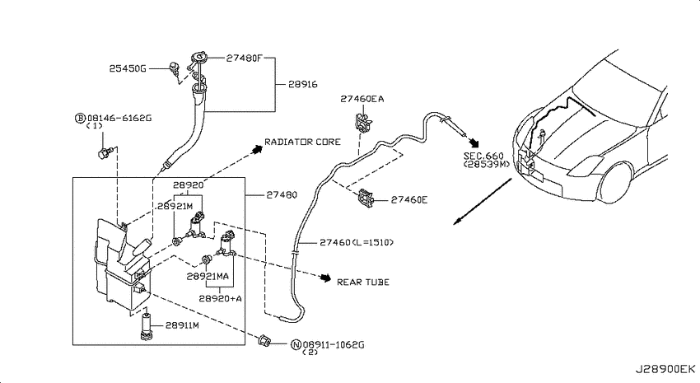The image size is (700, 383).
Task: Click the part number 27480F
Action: coord(244,58)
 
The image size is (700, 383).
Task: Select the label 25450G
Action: coord(128,68)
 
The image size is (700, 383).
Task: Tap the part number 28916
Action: coord(303,84)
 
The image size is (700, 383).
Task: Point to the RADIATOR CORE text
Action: coord(302,142)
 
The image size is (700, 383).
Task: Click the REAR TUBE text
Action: coord(363,283)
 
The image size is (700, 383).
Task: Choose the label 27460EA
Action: coord(362,99)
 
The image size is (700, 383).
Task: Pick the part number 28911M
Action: coord(182,325)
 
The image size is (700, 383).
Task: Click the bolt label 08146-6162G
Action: coord(119,119)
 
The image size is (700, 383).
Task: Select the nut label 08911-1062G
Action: coord(334,344)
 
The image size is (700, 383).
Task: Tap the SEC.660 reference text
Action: coord(483,156)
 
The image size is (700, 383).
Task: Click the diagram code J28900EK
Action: coord(665,369)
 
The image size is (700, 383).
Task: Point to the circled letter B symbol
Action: coord(80,119)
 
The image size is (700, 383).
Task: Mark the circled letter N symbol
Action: coord(296,344)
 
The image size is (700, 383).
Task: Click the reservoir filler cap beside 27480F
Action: coord(198,58)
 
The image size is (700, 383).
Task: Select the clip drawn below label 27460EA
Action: coord(363,122)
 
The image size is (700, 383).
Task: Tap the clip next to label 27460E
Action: coord(366,199)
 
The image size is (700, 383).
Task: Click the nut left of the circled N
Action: coord(264,341)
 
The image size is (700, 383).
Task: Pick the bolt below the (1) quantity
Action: coord(103,152)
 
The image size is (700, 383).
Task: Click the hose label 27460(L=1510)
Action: coord(357,242)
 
